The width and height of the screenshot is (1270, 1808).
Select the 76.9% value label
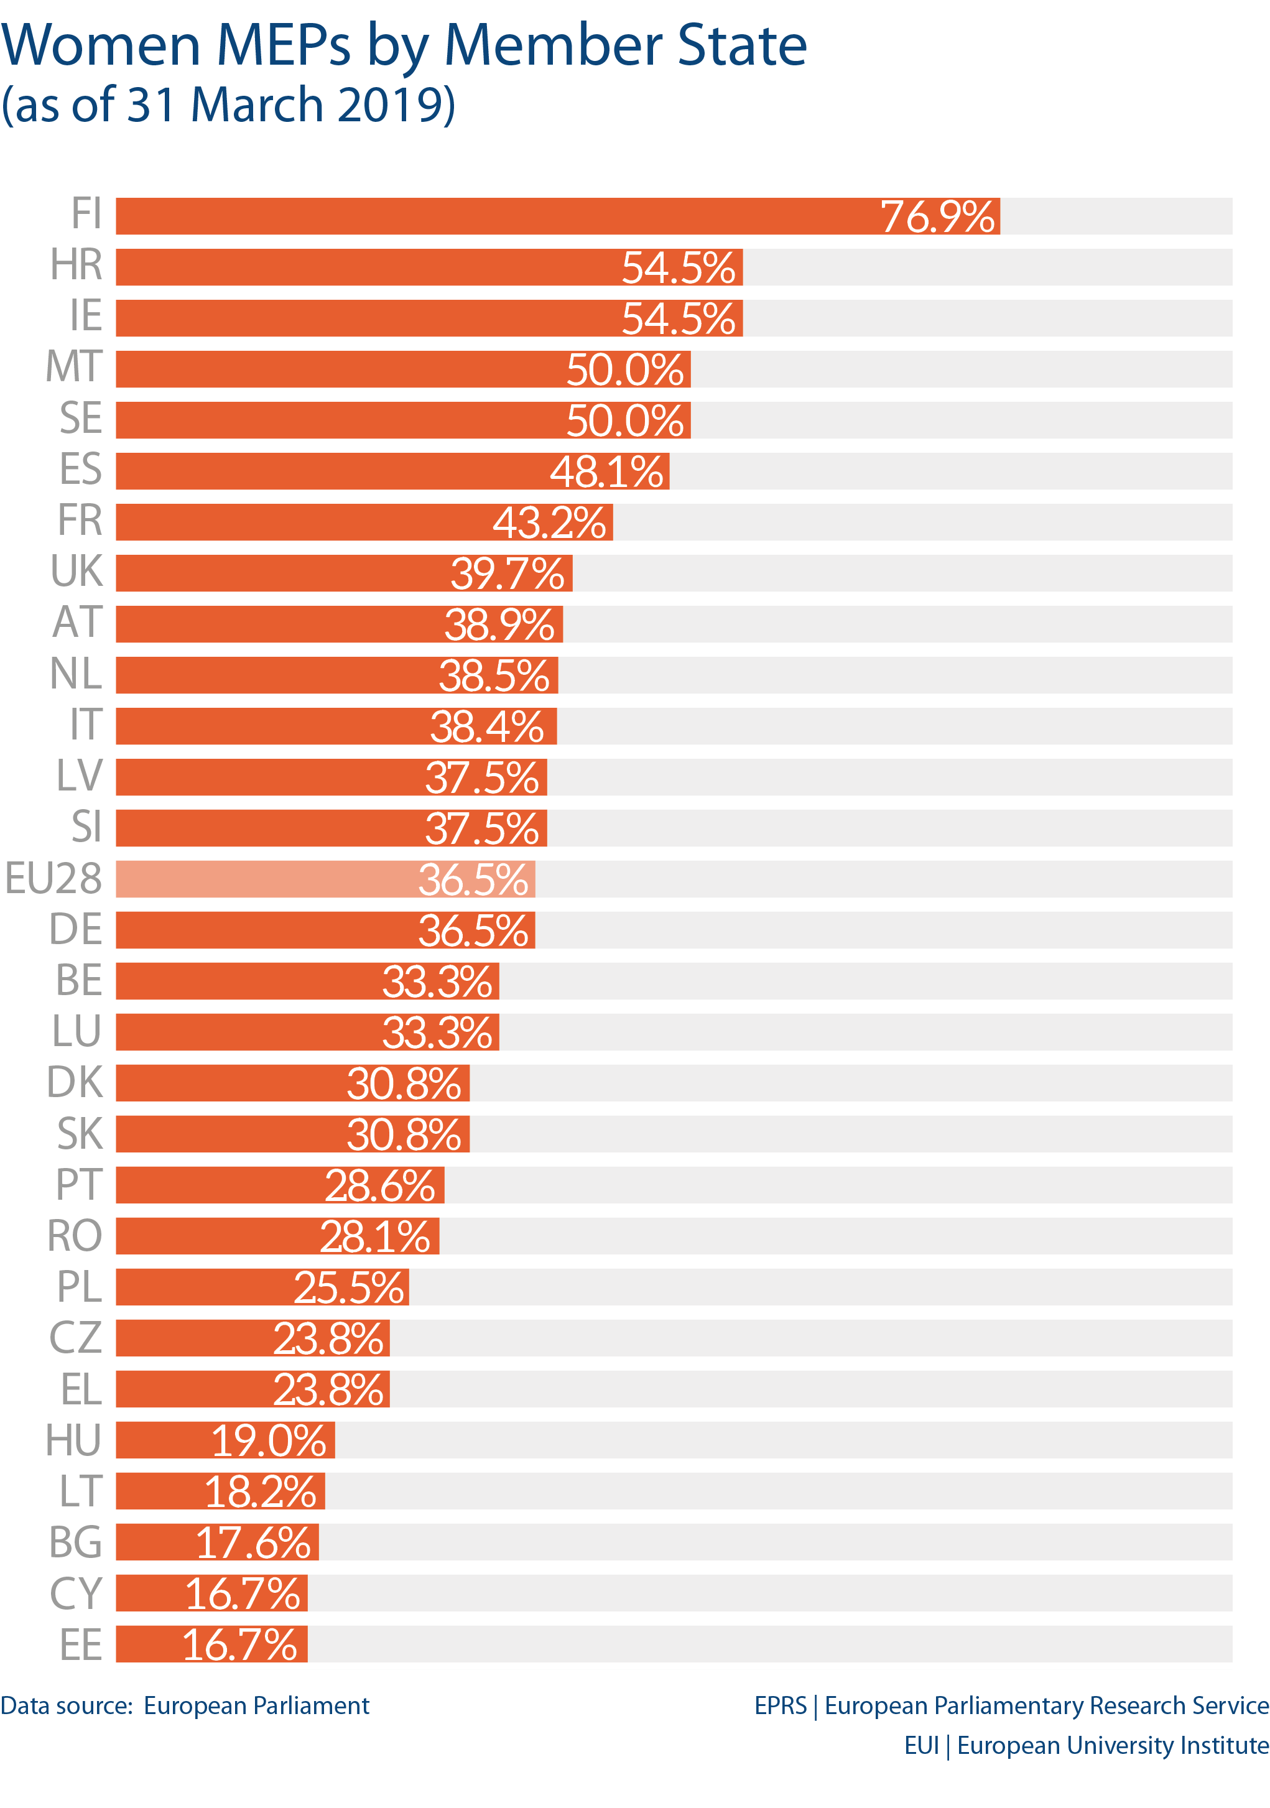coord(937,216)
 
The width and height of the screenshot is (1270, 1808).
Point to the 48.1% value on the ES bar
coord(606,471)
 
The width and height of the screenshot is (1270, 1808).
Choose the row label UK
coord(76,571)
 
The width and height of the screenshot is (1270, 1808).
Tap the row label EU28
coord(53,878)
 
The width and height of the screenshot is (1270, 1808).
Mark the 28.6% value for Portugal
coord(379,1186)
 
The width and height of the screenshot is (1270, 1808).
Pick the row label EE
coord(81,1645)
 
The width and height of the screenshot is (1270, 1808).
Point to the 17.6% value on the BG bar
coord(253,1542)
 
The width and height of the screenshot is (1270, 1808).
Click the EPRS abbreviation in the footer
coord(779,1705)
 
